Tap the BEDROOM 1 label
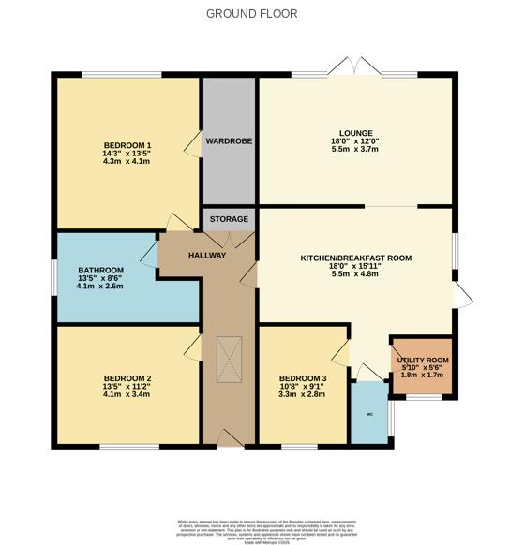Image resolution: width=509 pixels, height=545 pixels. point(127,144)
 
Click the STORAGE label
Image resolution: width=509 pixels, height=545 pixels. point(229,219)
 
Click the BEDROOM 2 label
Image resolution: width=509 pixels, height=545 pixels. point(127,378)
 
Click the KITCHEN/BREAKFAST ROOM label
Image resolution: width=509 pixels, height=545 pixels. point(355,258)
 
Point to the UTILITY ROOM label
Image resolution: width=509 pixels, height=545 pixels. point(423,360)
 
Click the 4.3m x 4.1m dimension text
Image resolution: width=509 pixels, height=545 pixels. point(127,161)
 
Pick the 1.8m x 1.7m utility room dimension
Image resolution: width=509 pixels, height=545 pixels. point(423,376)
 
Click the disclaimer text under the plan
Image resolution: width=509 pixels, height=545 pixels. point(254,526)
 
